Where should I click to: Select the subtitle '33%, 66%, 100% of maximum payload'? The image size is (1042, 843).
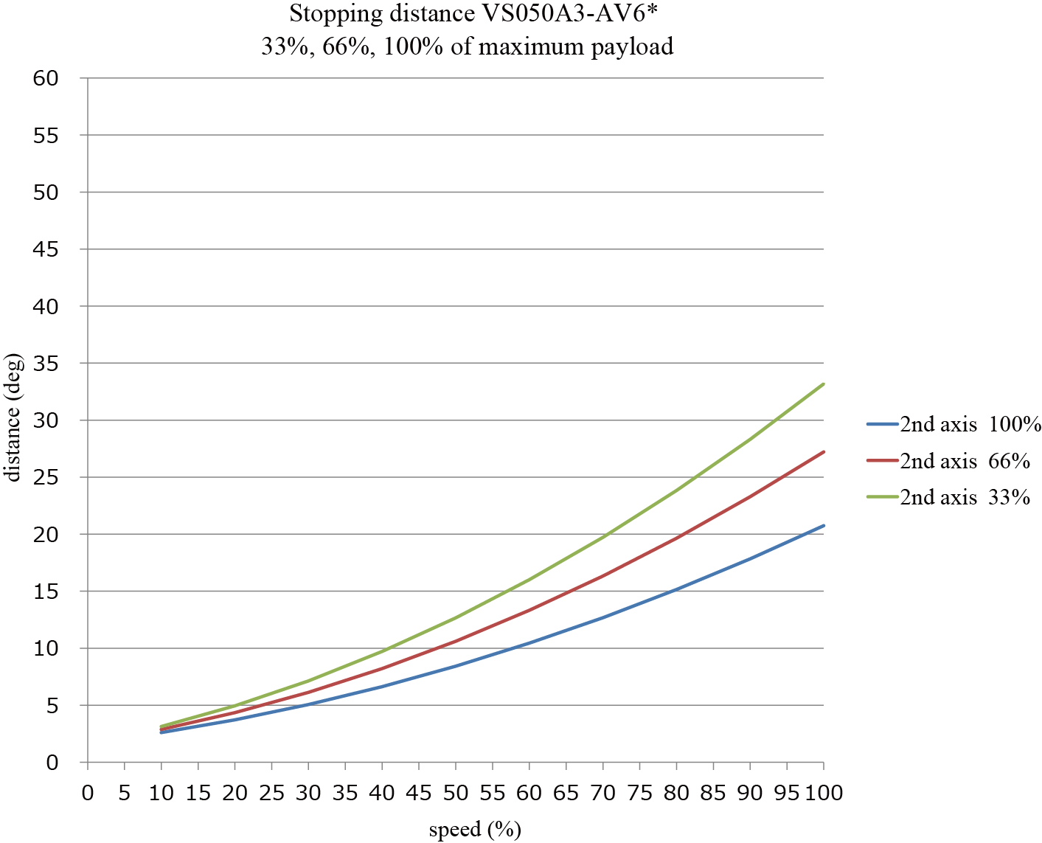point(468,46)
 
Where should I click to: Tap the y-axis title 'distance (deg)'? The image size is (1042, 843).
point(14,417)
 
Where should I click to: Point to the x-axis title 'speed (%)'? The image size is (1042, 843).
point(475,829)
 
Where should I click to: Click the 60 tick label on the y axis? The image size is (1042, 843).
point(46,78)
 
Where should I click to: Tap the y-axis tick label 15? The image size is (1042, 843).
point(46,592)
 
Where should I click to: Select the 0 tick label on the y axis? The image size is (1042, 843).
point(52,763)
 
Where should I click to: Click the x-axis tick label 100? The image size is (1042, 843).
point(822,793)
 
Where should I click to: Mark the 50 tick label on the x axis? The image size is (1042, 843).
point(456,793)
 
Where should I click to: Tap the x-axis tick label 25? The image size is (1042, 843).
point(271,793)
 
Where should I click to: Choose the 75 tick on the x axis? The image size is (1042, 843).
point(639,793)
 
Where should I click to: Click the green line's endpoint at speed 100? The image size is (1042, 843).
point(823,384)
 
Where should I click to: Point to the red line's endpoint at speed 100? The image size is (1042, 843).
point(823,451)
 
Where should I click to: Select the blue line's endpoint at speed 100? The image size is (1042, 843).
point(823,526)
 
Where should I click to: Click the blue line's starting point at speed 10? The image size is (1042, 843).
point(161,732)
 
